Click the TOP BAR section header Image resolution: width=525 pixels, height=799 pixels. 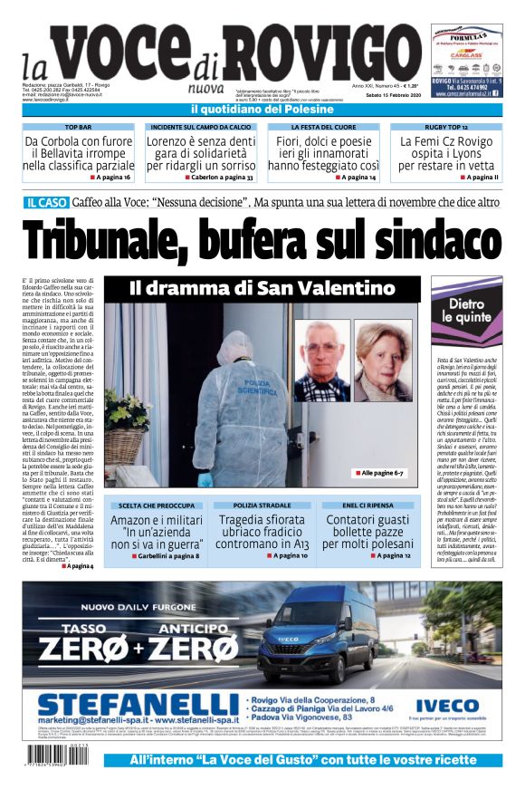coord(78,128)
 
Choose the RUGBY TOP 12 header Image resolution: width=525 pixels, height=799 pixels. coord(446,128)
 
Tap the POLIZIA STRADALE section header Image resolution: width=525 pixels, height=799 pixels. coord(262,504)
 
